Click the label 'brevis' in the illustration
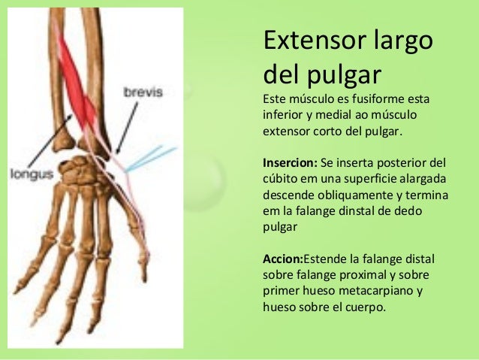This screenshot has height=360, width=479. coord(142,92)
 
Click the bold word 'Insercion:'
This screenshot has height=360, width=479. coord(290,162)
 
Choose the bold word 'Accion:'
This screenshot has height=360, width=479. coord(282,259)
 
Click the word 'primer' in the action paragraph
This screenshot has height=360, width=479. coord(281,290)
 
